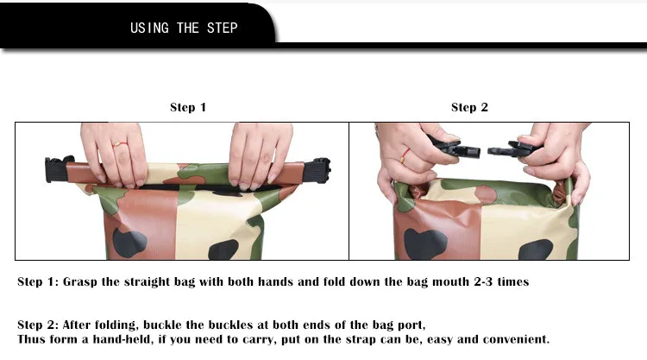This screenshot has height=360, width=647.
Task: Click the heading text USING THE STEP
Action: [x=184, y=28]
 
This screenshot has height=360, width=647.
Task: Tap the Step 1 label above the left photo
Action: [x=188, y=107]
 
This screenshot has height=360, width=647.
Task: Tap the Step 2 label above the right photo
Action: [x=469, y=107]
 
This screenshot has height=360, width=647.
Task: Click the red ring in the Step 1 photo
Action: [x=120, y=144]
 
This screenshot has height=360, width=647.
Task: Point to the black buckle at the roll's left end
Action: [x=57, y=169]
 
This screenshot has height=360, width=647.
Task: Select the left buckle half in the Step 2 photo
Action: [x=455, y=147]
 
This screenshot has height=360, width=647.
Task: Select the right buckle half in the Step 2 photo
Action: [x=511, y=148]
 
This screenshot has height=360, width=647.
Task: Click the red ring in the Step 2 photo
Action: [x=405, y=156]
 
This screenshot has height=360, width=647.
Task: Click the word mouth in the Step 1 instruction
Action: [x=450, y=282]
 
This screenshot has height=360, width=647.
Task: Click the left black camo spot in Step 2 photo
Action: [x=425, y=243]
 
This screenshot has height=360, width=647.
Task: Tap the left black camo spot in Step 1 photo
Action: [x=129, y=243]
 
